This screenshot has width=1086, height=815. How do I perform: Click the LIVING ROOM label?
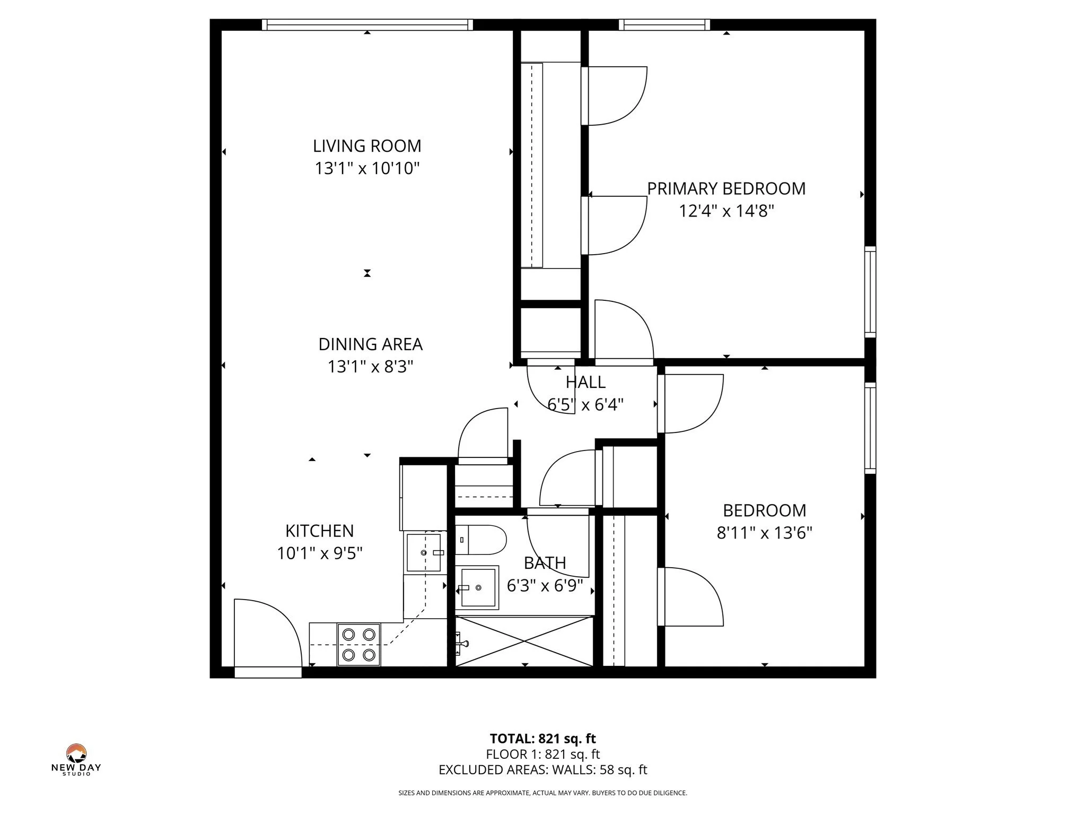click(x=367, y=146)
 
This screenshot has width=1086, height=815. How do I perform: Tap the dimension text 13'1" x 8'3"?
click(x=370, y=367)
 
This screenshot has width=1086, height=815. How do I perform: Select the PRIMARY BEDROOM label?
click(x=726, y=189)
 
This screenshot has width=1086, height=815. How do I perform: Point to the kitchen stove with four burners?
click(x=359, y=644)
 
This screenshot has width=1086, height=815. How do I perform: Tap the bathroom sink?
click(x=478, y=587)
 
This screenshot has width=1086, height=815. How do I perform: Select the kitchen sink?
click(x=423, y=553)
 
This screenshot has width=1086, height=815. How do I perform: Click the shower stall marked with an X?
click(x=524, y=641)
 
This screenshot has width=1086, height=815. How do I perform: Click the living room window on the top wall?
click(x=367, y=24)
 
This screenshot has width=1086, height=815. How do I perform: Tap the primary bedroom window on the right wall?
click(x=870, y=291)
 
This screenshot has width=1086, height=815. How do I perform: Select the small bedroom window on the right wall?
click(x=870, y=428)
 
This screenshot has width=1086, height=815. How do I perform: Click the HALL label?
click(x=585, y=382)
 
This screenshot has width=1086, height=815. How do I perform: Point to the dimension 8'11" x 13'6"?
click(x=764, y=533)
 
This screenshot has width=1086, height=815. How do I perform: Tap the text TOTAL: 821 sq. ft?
click(x=542, y=738)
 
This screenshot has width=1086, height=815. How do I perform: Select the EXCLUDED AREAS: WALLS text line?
click(x=542, y=770)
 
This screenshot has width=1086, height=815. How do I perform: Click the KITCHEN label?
click(x=319, y=531)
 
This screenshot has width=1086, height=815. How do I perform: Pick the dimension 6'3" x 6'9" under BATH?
click(x=545, y=586)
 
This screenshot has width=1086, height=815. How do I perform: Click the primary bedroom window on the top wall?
click(x=664, y=24)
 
